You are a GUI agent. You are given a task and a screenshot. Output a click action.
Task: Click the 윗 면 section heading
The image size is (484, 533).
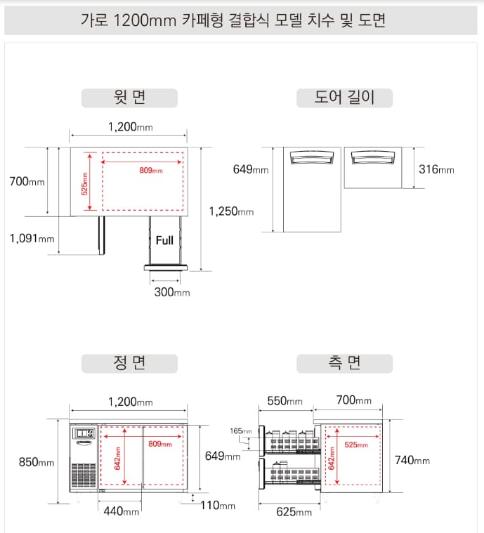coord(129,98)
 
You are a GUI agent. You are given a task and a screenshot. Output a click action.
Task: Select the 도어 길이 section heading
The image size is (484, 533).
coord(344,98)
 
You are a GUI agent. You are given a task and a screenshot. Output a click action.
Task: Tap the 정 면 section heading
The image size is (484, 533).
coord(129,363)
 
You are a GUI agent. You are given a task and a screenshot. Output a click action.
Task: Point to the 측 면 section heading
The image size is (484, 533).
coord(344,363)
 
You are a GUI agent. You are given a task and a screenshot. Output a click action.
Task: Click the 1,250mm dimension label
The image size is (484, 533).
coord(231,211)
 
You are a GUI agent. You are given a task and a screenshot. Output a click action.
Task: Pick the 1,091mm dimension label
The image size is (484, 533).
coord(32,238)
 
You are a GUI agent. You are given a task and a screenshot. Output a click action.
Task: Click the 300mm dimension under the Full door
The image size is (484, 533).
coord(172,292)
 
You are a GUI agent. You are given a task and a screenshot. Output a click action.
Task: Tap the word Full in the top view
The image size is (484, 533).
coord(164,240)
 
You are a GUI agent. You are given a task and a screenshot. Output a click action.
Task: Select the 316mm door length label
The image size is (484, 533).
coord(436,169)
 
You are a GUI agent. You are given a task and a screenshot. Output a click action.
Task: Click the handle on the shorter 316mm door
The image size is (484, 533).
coord(373,157)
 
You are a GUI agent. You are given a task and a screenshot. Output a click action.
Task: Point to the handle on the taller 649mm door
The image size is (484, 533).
coord(312,157)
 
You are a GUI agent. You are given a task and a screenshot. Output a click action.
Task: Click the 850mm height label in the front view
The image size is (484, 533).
coord(37,462)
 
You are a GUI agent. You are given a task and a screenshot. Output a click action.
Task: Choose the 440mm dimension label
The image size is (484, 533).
coord(122,511)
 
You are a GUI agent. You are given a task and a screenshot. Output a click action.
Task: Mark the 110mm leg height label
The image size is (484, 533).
coord(218,506)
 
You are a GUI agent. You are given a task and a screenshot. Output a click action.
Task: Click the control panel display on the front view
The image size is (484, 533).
coord(84,433)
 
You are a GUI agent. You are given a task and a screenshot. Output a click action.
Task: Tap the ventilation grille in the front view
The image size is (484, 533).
coord(84,475)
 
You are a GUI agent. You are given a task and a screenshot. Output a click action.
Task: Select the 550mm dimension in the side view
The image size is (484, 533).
coord(285,401)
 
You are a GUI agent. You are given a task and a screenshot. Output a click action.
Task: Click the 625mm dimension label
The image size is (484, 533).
coord(294,512)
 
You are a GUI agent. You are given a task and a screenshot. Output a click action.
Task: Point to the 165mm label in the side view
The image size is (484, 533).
coord(241,431)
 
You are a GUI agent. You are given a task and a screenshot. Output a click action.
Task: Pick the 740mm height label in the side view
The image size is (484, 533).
coord(412,460)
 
